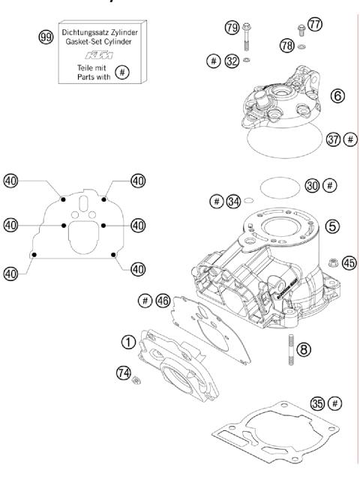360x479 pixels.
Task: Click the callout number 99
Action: [x=46, y=36]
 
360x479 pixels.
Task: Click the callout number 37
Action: [x=334, y=139]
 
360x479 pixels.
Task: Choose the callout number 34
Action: [x=234, y=200]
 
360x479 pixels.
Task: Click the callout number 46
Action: [x=163, y=300]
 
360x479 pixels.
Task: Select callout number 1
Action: [x=130, y=341]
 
